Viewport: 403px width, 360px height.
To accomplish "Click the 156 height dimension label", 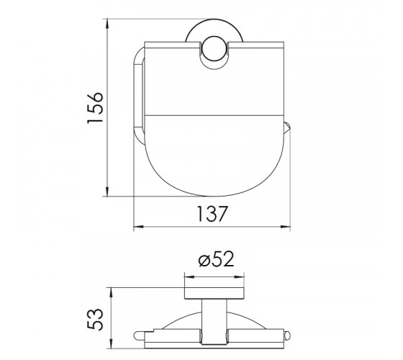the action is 95,107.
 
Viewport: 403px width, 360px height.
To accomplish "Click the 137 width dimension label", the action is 212,214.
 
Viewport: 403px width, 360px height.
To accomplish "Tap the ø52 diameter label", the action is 216,258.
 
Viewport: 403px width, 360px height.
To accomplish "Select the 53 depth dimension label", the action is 95,319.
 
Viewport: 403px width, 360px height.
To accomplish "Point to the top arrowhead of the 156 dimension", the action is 107,23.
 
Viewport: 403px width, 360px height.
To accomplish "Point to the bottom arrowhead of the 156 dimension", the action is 107,192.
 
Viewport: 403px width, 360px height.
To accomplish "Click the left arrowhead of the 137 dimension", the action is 138,227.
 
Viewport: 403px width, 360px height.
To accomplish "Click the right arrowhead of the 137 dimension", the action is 286,227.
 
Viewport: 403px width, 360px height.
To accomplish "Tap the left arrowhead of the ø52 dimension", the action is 189,277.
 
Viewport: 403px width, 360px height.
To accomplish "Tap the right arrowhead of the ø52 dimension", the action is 239,277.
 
